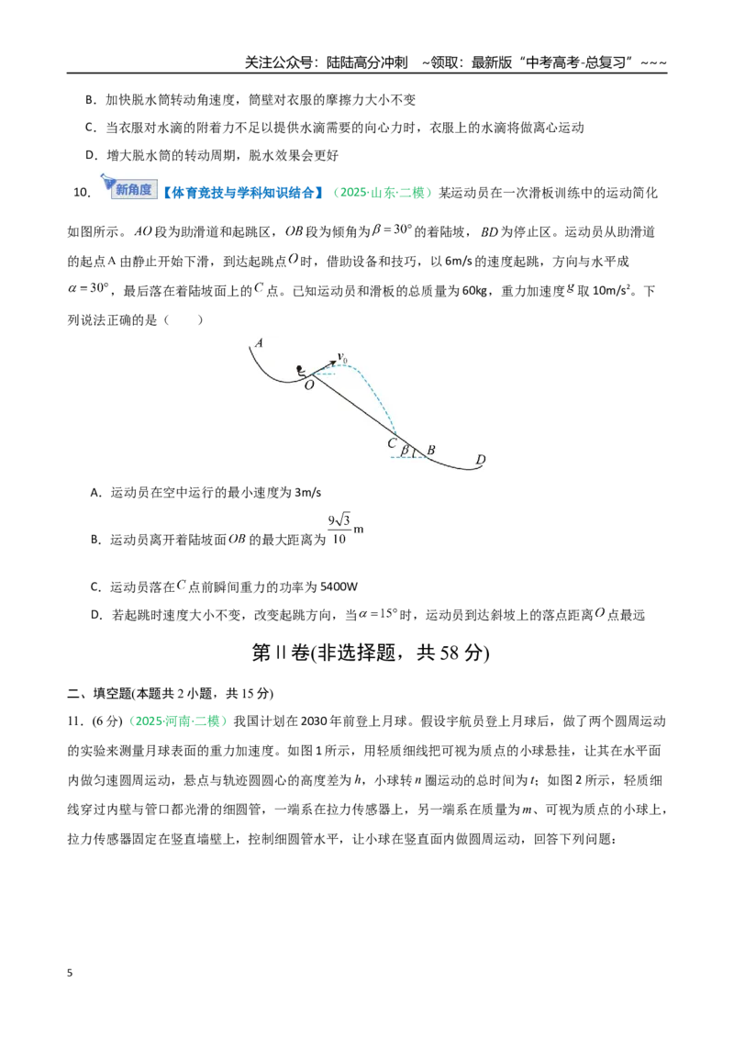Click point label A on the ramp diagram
click(x=259, y=342)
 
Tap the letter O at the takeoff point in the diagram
click(x=309, y=385)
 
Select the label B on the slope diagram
click(x=430, y=450)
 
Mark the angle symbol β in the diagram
click(x=404, y=452)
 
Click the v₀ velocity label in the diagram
click(x=342, y=358)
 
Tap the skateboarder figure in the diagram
click(x=303, y=373)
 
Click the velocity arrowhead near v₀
click(x=332, y=363)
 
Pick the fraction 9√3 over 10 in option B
click(x=339, y=530)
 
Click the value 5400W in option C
click(x=339, y=587)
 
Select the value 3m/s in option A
click(x=307, y=492)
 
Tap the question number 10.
click(x=83, y=193)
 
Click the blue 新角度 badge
click(x=130, y=187)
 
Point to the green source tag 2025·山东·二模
click(x=382, y=192)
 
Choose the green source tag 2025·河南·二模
click(x=178, y=721)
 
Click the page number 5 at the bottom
click(x=71, y=973)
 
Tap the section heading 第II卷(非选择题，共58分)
click(x=371, y=653)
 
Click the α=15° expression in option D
click(x=376, y=614)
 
